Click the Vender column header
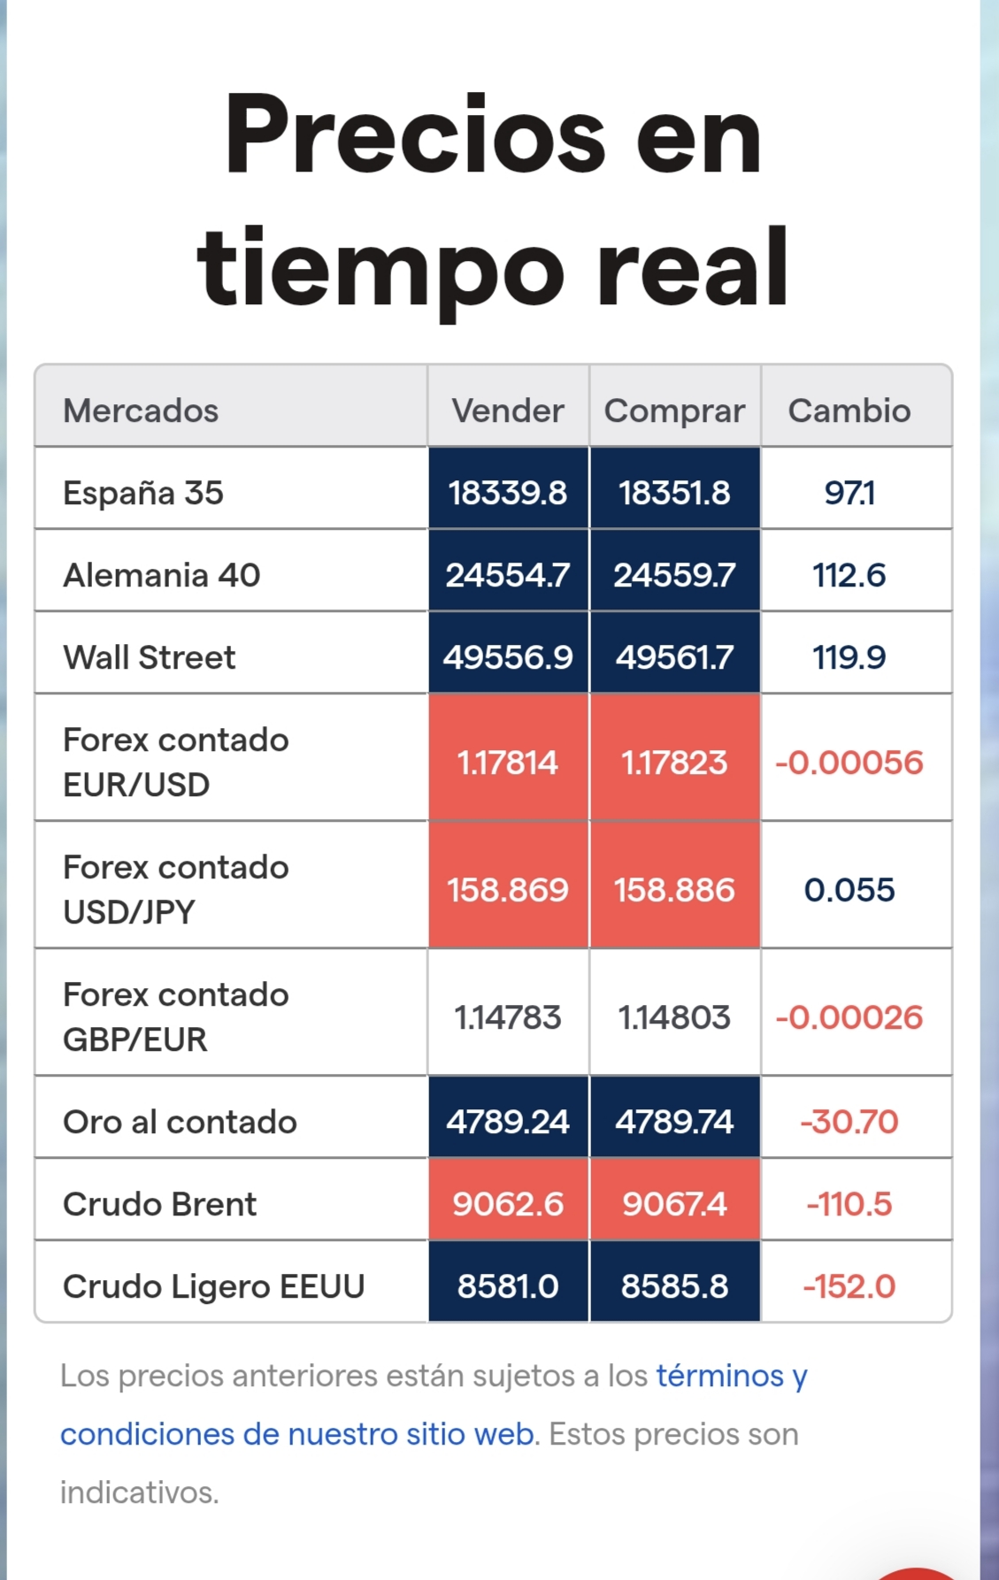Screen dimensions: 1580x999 click(x=508, y=410)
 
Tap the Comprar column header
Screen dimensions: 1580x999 click(x=674, y=410)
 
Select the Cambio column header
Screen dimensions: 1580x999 click(x=849, y=410)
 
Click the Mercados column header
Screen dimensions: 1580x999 click(x=141, y=410)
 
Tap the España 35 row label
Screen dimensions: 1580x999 click(x=143, y=493)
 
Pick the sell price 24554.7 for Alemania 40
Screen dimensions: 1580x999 click(x=508, y=575)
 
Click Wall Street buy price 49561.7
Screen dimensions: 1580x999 click(x=674, y=657)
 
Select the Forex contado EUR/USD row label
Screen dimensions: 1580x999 click(x=175, y=762)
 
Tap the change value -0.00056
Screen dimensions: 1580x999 click(x=849, y=763)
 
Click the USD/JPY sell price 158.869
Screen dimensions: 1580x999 click(x=508, y=890)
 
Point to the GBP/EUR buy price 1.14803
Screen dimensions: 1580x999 click(x=674, y=1017)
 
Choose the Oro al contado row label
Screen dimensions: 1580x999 click(x=180, y=1122)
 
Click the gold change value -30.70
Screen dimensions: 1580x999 click(x=849, y=1122)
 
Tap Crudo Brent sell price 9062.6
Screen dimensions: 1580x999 click(x=508, y=1204)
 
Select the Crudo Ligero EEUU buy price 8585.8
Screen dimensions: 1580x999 click(x=674, y=1286)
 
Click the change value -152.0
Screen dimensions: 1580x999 click(x=849, y=1286)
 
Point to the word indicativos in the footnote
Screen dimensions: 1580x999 click(x=140, y=1492)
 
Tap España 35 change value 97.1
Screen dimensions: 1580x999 click(x=849, y=493)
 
